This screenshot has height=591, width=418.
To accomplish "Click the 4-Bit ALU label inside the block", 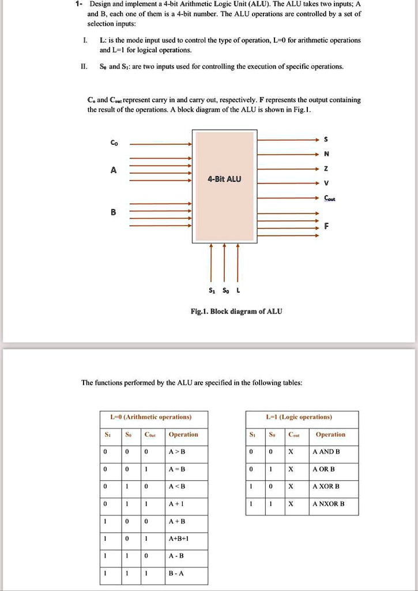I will click(x=225, y=179).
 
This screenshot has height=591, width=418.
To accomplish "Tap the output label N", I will click(x=326, y=154).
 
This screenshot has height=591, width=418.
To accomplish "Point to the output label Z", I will click(x=326, y=169).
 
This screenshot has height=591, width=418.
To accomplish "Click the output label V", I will click(x=326, y=184).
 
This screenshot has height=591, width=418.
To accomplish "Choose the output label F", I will click(x=326, y=227).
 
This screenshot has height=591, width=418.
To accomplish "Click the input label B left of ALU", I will click(x=113, y=212).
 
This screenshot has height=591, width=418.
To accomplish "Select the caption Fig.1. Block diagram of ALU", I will click(x=236, y=311).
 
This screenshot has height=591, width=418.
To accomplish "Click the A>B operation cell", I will click(x=176, y=451).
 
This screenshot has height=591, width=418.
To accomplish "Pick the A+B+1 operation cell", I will click(x=176, y=538).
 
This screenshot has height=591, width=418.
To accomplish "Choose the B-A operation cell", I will click(x=176, y=573).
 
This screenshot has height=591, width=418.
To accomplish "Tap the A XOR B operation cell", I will click(x=326, y=486).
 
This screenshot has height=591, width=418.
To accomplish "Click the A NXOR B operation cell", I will click(x=328, y=504).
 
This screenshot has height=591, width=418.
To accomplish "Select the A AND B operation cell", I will click(x=326, y=451).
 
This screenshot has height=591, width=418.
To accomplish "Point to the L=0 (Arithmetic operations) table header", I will click(x=153, y=417).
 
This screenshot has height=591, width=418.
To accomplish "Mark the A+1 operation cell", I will click(x=176, y=504).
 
